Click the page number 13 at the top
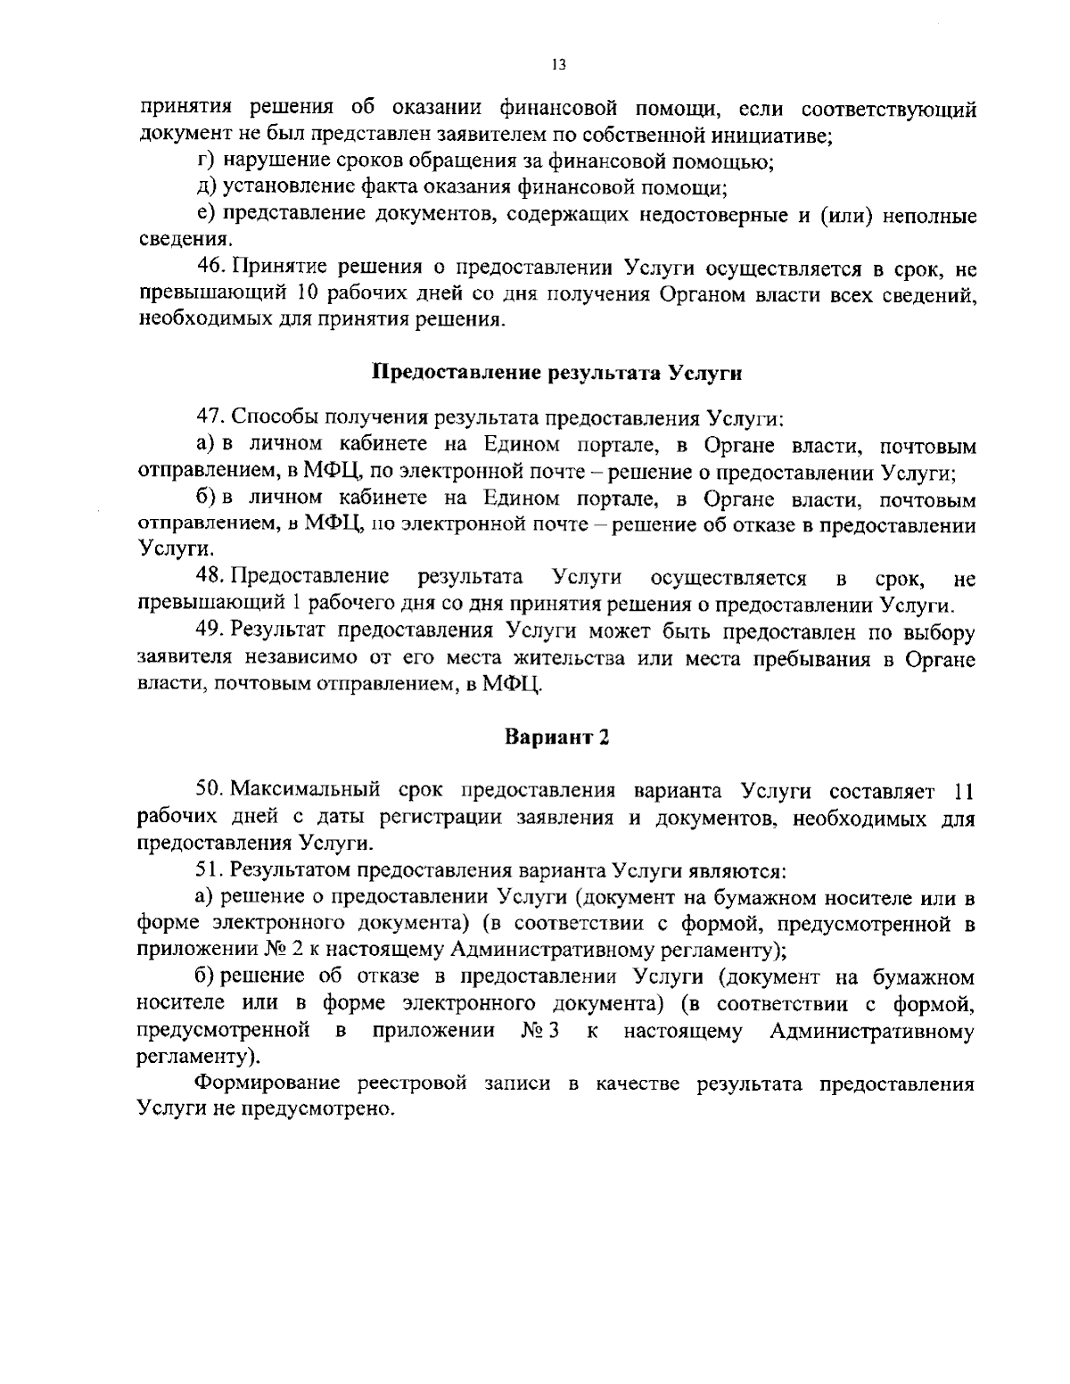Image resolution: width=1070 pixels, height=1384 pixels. pyautogui.click(x=559, y=64)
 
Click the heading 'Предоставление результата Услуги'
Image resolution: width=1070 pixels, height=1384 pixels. pyautogui.click(x=557, y=373)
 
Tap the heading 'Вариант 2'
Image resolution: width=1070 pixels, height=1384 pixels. pyautogui.click(x=557, y=737)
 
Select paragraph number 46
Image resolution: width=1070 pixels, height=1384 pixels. pyautogui.click(x=210, y=268)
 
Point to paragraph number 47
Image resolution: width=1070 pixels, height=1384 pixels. pyautogui.click(x=210, y=417)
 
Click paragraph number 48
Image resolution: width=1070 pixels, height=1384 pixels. pyautogui.click(x=210, y=578)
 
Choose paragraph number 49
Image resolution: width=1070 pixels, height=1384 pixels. pyautogui.click(x=210, y=632)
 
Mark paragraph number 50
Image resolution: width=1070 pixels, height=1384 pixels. pyautogui.click(x=210, y=791)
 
